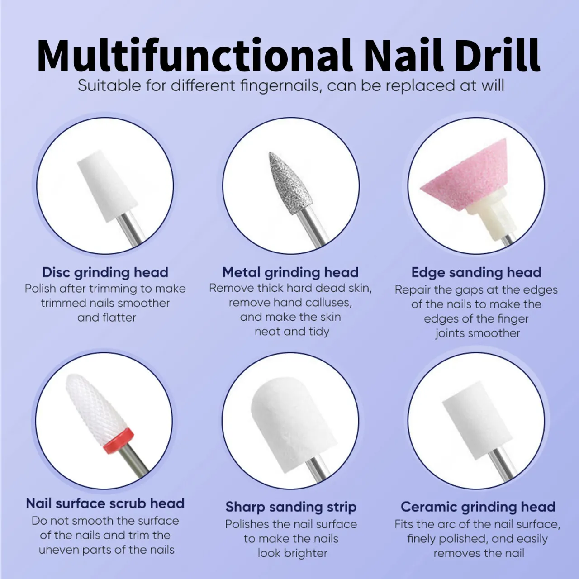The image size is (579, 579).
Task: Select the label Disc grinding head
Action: (105, 272)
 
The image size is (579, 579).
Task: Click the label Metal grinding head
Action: (290, 272)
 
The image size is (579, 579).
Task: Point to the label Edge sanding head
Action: (476, 272)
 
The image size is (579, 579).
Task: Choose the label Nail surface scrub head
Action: (105, 503)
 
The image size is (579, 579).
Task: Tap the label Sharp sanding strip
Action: (291, 507)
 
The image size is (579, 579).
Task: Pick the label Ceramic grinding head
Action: (478, 507)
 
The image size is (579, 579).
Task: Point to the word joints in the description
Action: (451, 333)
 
